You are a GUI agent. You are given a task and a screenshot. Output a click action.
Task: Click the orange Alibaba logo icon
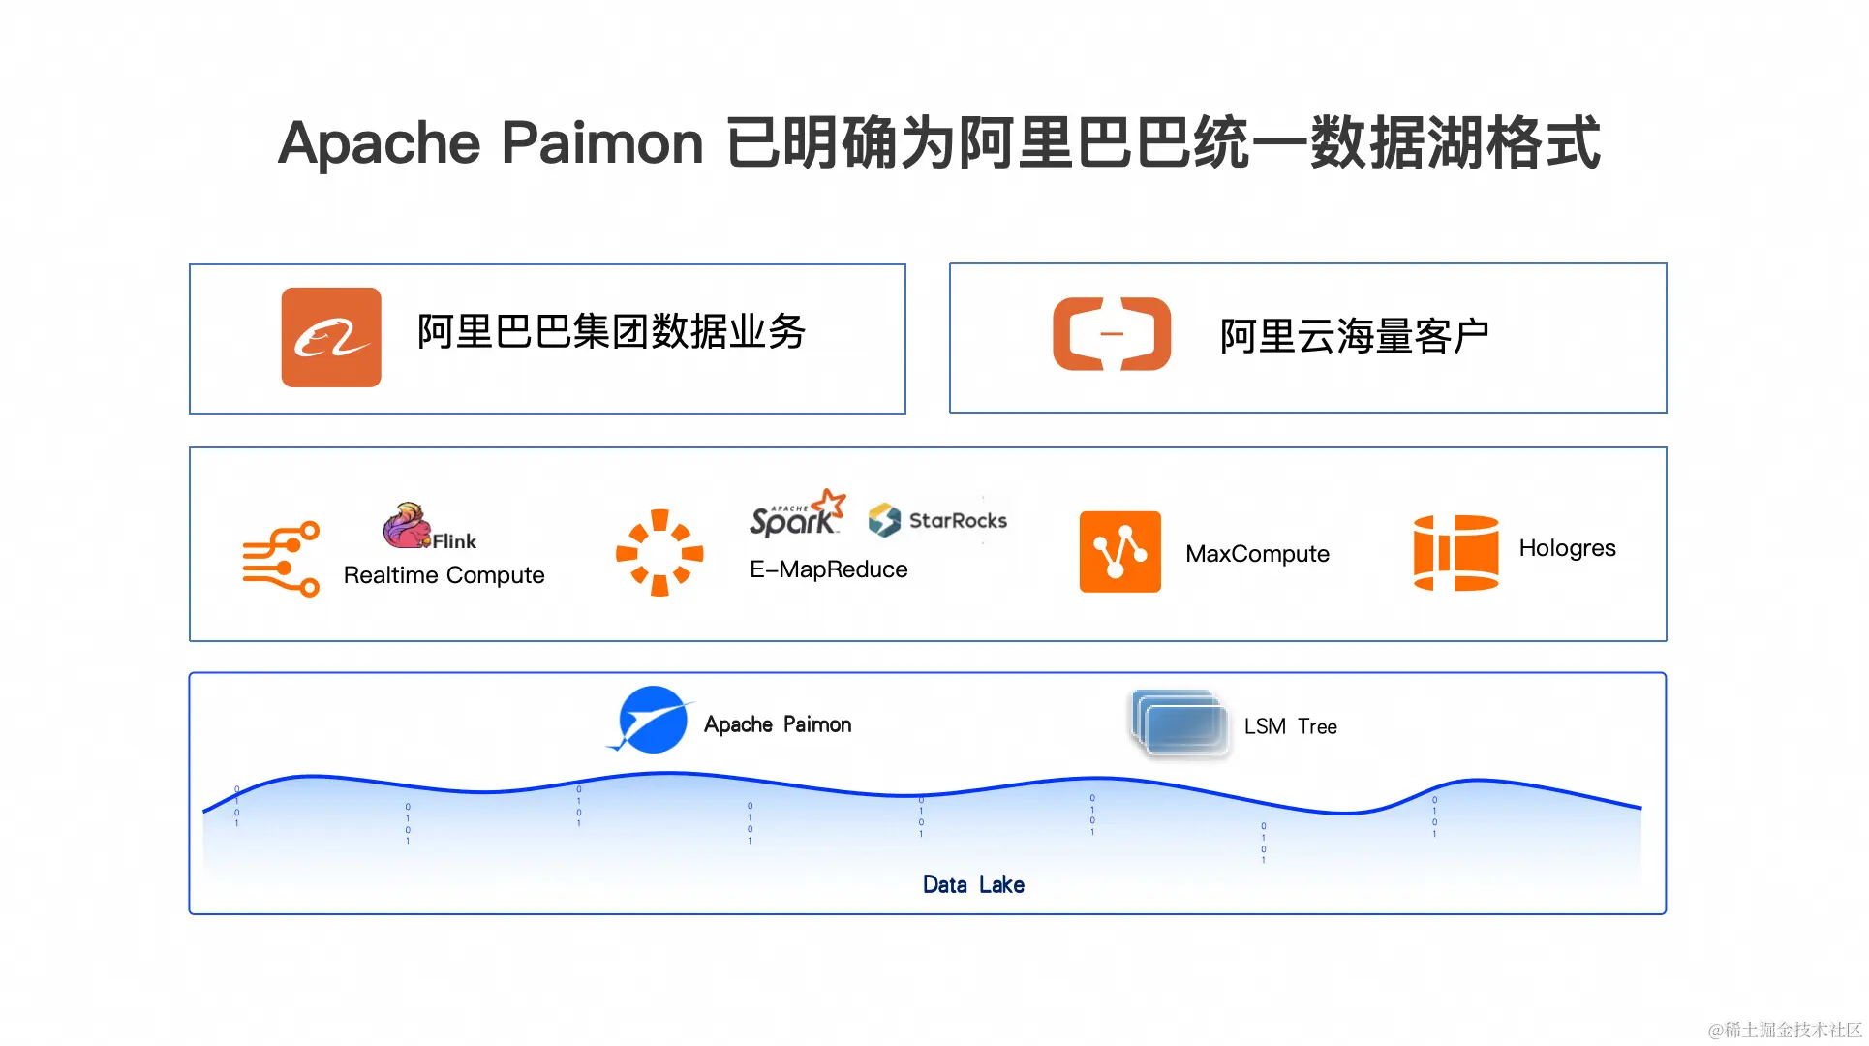[331, 337]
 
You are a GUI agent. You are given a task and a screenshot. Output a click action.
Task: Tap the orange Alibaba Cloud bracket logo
[1112, 334]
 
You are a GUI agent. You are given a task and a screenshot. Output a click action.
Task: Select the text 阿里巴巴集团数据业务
[611, 332]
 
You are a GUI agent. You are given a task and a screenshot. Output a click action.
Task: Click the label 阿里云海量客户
[1354, 336]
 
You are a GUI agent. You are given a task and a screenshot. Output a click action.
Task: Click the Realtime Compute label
[444, 575]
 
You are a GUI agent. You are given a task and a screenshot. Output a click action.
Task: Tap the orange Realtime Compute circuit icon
[281, 559]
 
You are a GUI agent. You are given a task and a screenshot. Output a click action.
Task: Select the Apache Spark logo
[797, 513]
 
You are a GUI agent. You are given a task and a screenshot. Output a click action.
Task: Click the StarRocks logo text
[957, 521]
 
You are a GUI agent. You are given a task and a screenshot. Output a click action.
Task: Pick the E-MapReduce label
[829, 569]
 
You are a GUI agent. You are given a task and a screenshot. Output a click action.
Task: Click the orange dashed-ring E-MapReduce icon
[659, 552]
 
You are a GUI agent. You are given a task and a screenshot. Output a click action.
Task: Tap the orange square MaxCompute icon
[1120, 551]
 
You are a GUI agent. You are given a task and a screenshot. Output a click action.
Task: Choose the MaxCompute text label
[1257, 554]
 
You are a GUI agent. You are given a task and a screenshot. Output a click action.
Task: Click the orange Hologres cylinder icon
[1455, 552]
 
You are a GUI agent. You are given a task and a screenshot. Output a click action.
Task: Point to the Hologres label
[1567, 548]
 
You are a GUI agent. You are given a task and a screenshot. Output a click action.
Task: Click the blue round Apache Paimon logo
[652, 720]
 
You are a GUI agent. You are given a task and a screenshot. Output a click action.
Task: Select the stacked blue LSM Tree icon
[1180, 723]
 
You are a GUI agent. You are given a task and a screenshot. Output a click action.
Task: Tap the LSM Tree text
[1290, 726]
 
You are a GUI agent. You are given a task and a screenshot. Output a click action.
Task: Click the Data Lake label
[973, 884]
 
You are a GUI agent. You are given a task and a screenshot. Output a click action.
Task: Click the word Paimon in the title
[602, 143]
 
